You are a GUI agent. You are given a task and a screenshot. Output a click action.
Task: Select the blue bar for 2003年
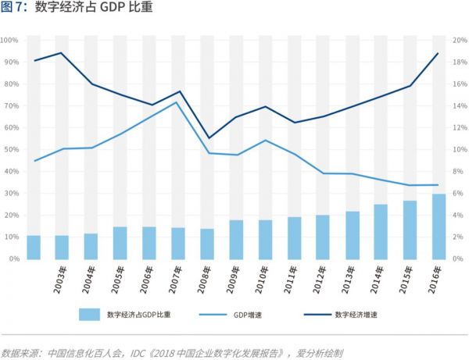pos(62,247)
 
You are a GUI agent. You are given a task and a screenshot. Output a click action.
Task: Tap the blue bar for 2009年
pos(235,239)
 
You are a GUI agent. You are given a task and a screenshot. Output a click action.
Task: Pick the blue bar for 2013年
pos(351,235)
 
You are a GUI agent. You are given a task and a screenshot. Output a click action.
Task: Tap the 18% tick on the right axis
pos(459,62)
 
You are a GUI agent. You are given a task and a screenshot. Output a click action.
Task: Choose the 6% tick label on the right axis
pos(457,193)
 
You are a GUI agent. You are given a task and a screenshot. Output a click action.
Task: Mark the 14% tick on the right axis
pos(459,105)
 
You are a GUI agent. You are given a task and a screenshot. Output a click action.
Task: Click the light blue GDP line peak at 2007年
pos(177,102)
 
